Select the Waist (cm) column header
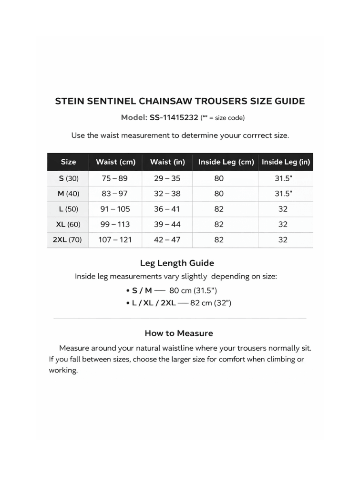tap(116, 162)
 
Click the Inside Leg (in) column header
tap(286, 162)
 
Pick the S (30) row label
tap(68, 179)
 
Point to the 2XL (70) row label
tap(68, 240)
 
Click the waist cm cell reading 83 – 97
tap(115, 194)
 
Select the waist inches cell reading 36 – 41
tap(167, 209)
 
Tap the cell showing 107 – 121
tap(115, 240)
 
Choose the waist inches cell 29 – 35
tap(167, 179)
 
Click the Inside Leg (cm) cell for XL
tap(219, 225)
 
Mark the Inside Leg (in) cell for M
tap(283, 194)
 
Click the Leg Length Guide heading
tap(177, 263)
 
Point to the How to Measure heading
tap(179, 333)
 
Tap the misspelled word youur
tap(219, 135)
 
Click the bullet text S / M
tap(142, 290)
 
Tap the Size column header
tap(68, 162)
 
